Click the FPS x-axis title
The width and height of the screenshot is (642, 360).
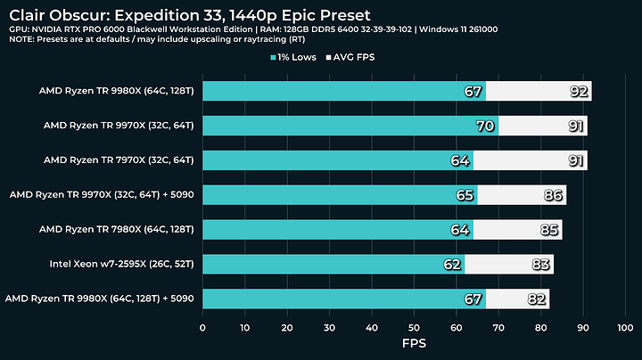(414, 345)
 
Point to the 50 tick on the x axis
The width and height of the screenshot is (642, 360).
(414, 328)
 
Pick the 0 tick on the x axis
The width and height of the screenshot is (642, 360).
(203, 328)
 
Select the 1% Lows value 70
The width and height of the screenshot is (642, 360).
(486, 126)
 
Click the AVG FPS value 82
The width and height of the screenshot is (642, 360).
(538, 298)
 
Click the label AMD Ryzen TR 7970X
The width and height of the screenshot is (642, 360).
(119, 160)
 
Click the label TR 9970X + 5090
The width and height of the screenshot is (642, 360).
(102, 194)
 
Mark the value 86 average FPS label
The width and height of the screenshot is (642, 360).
(555, 195)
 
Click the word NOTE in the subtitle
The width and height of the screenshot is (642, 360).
(21, 41)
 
